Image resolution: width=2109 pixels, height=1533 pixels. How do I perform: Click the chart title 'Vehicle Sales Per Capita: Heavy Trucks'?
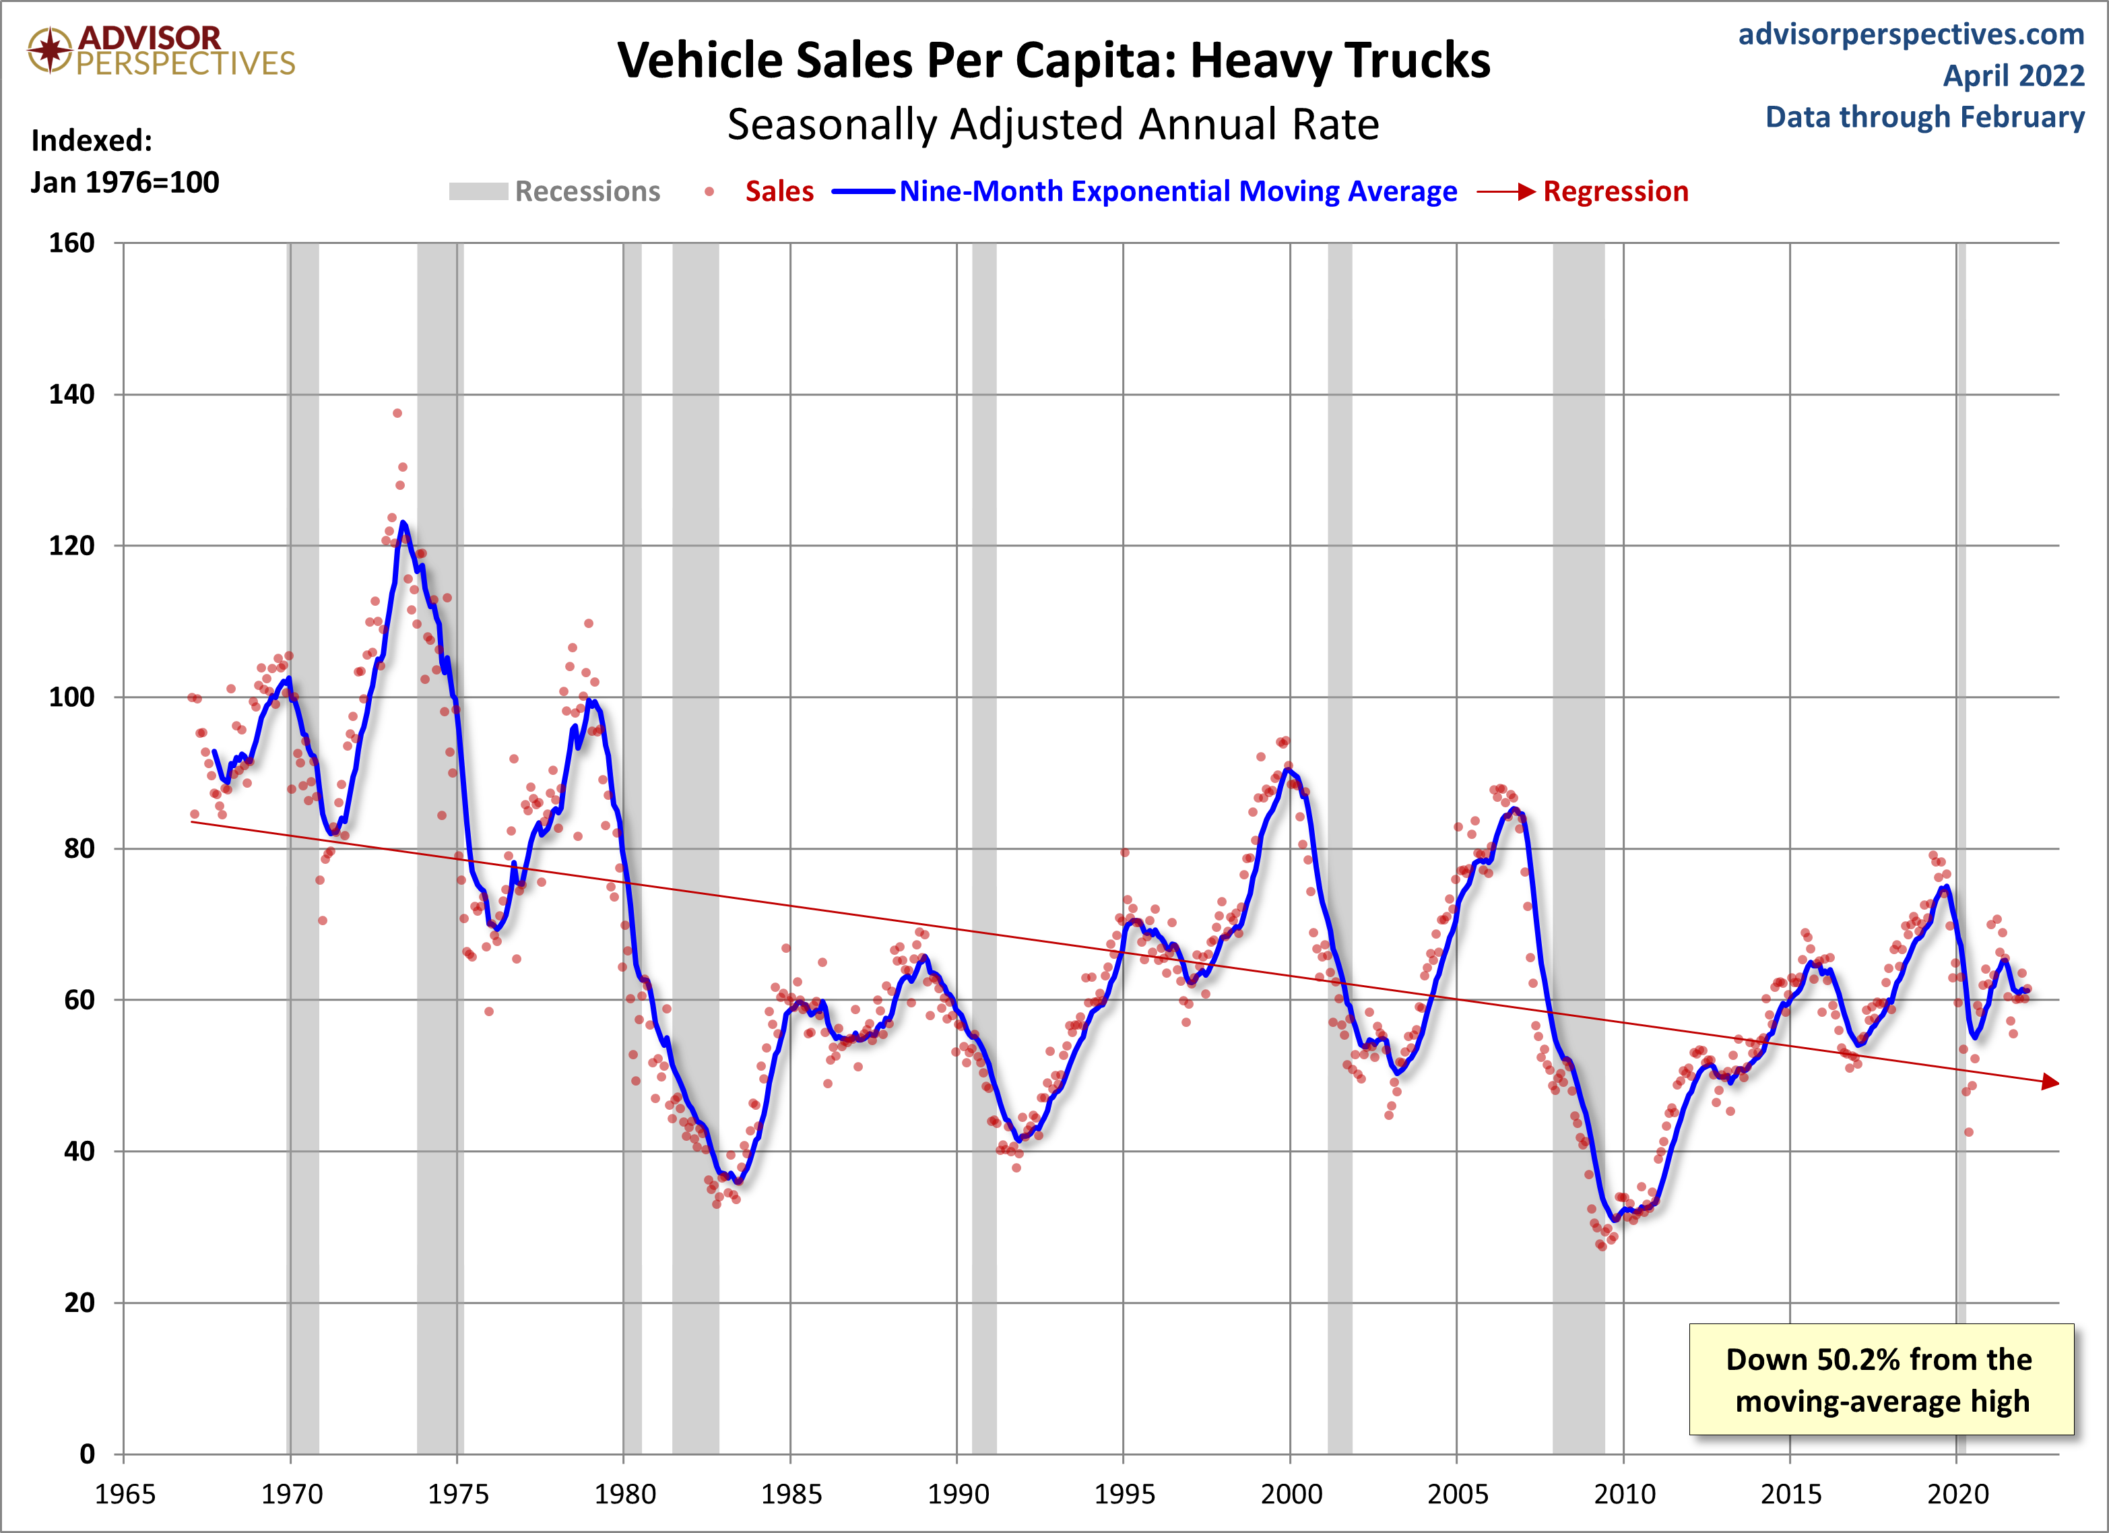1053,61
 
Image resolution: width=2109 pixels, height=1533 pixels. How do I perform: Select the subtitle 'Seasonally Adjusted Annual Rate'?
1053,125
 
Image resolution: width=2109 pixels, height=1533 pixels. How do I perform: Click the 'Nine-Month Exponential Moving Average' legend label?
1177,191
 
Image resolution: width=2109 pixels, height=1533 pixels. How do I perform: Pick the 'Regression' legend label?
1615,191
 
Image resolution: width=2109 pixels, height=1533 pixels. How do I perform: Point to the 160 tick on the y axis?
71,244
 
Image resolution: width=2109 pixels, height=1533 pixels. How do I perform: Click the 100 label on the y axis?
71,697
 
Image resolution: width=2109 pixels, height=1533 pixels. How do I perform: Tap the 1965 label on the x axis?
125,1495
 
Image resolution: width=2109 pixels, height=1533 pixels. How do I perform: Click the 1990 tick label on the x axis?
957,1495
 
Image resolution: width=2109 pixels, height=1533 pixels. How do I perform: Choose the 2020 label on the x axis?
1957,1495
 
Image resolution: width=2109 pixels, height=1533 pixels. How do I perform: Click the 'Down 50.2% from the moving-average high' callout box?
1880,1379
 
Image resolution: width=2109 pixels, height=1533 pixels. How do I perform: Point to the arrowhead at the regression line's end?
2050,1082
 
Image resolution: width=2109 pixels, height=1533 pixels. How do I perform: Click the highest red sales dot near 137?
397,413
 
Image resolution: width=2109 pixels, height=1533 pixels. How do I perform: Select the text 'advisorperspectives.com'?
1911,34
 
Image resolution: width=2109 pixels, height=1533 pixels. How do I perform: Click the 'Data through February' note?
1925,117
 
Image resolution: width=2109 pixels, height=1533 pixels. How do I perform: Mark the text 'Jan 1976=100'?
125,183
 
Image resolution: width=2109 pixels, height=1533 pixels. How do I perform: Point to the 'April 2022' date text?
2013,75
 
